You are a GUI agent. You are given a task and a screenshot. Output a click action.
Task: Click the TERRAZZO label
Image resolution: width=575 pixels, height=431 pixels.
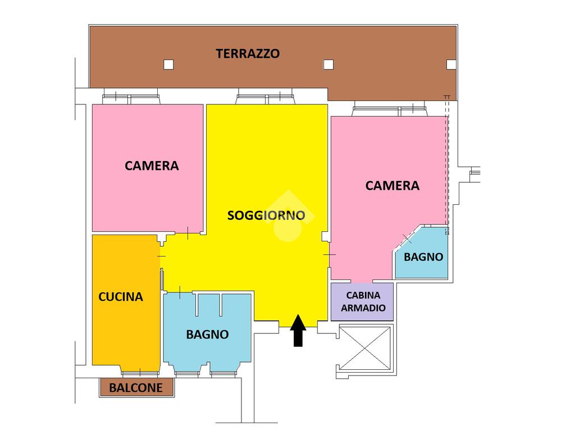pyautogui.click(x=248, y=54)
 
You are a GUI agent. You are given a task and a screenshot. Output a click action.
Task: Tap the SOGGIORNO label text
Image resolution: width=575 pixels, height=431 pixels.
pyautogui.click(x=266, y=215)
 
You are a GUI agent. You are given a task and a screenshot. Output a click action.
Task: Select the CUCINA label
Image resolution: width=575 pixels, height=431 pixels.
pyautogui.click(x=121, y=297)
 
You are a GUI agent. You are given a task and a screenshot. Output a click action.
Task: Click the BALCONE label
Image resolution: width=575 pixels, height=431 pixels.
pyautogui.click(x=136, y=387)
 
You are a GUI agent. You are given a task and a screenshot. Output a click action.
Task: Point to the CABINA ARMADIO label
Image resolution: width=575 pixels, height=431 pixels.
pyautogui.click(x=363, y=301)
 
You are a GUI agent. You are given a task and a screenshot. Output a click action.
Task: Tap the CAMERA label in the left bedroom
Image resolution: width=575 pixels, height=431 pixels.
pyautogui.click(x=152, y=166)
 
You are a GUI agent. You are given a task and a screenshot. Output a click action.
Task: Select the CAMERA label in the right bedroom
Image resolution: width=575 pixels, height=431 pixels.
pyautogui.click(x=393, y=185)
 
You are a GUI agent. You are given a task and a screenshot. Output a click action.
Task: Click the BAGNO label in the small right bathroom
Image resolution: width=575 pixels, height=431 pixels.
pyautogui.click(x=423, y=257)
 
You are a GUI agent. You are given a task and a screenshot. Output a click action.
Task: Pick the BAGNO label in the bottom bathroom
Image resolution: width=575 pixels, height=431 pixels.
pyautogui.click(x=207, y=334)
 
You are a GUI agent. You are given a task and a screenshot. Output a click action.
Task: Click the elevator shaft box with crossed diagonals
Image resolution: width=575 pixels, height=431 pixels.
pyautogui.click(x=365, y=348)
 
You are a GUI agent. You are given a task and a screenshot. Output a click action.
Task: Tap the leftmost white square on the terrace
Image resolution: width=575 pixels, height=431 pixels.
pyautogui.click(x=168, y=65)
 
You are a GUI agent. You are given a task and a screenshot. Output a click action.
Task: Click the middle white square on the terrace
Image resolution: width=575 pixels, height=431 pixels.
pyautogui.click(x=329, y=65)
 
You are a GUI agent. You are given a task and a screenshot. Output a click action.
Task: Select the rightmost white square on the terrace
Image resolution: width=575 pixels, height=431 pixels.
pyautogui.click(x=451, y=65)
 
